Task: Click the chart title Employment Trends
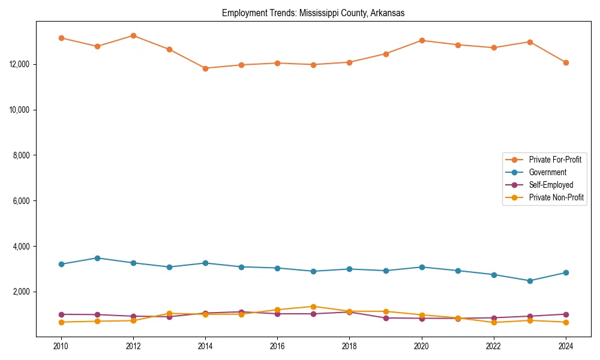pyautogui.click(x=313, y=13)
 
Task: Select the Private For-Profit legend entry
pyautogui.click(x=551, y=160)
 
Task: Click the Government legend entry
pyautogui.click(x=547, y=172)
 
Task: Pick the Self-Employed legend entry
pyautogui.click(x=551, y=185)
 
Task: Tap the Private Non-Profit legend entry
pyautogui.click(x=556, y=197)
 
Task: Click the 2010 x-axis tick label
pyautogui.click(x=61, y=346)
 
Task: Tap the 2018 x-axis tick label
pyautogui.click(x=349, y=346)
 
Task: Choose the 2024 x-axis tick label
pyautogui.click(x=566, y=346)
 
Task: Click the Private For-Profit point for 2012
pyautogui.click(x=133, y=35)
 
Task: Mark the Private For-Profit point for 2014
pyautogui.click(x=205, y=68)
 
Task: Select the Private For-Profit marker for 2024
pyautogui.click(x=566, y=62)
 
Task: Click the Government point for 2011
pyautogui.click(x=97, y=258)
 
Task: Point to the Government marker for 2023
pyautogui.click(x=530, y=281)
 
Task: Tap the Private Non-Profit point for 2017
pyautogui.click(x=313, y=307)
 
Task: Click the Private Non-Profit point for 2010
pyautogui.click(x=61, y=322)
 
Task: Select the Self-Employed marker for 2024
pyautogui.click(x=566, y=314)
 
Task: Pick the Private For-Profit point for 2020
pyautogui.click(x=422, y=40)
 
